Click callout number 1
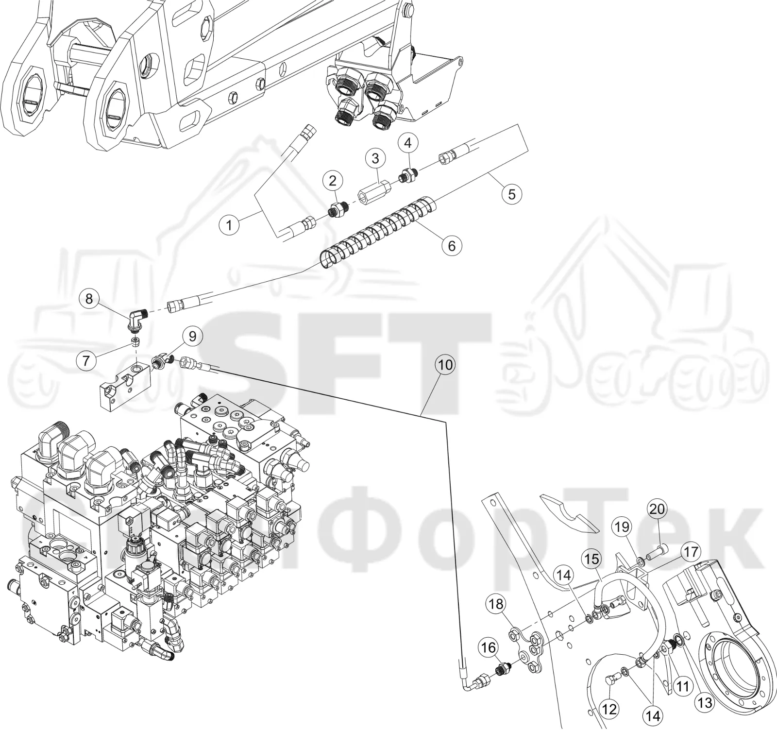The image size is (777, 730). tap(229, 225)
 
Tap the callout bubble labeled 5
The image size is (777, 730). tap(512, 194)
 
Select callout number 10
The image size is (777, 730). tap(445, 364)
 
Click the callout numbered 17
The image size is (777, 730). tap(691, 552)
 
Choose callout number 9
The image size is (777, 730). tap(192, 336)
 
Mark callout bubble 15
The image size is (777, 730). tap(592, 559)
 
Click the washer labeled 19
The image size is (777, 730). tap(641, 562)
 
